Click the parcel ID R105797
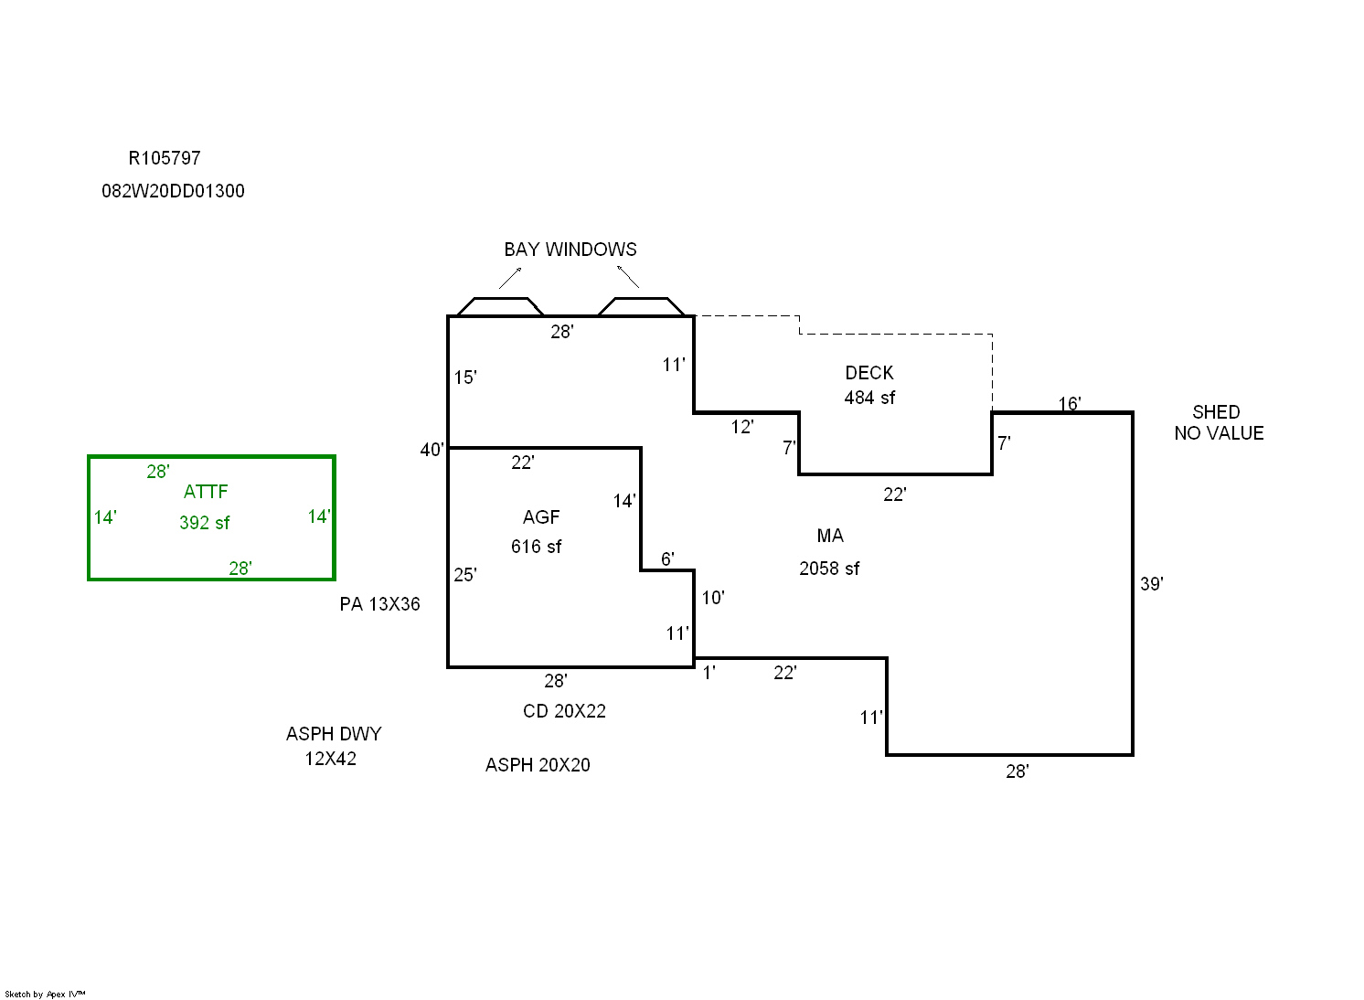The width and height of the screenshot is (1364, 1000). (165, 158)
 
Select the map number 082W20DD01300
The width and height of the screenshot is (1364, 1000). (173, 191)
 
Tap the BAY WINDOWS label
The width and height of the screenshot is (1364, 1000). (570, 250)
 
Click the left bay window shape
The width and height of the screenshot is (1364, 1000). (500, 307)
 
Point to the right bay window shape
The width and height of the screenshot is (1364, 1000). (642, 307)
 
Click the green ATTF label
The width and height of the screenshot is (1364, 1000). (206, 492)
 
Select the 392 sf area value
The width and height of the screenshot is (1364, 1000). (205, 523)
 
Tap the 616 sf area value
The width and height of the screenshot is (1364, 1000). (537, 547)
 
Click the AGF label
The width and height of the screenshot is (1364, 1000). (541, 517)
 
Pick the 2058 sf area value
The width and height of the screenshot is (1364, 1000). (829, 569)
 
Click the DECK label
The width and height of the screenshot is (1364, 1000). (869, 373)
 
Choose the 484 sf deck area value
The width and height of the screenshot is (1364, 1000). (869, 398)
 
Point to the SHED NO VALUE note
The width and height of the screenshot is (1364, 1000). (1219, 423)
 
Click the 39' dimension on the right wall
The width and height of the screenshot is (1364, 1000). (1152, 584)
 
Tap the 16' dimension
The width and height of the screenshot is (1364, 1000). (1070, 404)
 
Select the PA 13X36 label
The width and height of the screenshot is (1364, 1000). (380, 604)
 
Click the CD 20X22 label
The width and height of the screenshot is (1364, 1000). (564, 711)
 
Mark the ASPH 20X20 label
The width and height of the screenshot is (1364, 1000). (538, 765)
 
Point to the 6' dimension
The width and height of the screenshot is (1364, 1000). (667, 559)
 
